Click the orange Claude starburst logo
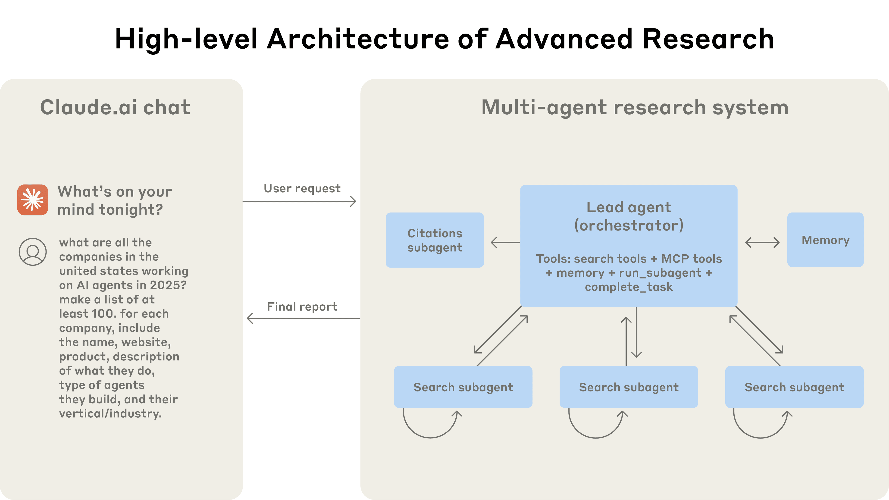click(x=33, y=200)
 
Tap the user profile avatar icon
click(x=33, y=252)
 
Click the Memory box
click(x=825, y=240)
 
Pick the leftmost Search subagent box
click(x=463, y=387)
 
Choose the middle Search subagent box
click(x=629, y=387)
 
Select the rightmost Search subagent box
click(x=794, y=387)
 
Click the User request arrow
click(x=300, y=201)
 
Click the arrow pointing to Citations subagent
click(x=505, y=242)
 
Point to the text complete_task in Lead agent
click(x=629, y=287)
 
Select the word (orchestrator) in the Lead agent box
click(x=629, y=225)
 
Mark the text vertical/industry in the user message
click(x=110, y=413)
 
